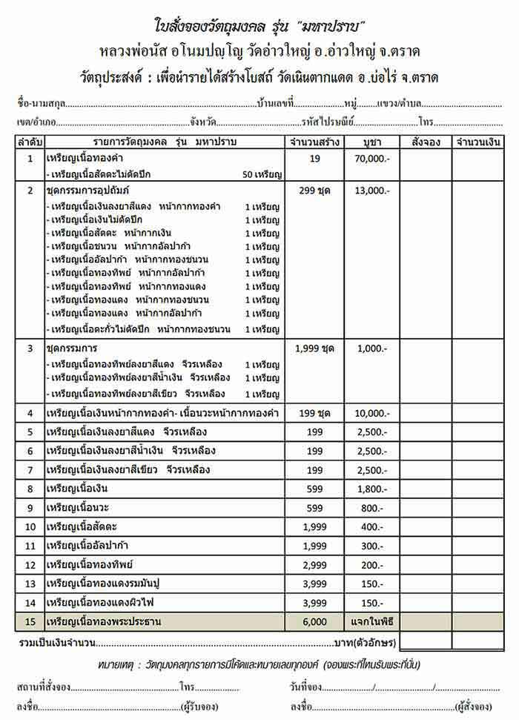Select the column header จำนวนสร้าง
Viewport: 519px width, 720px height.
[x=314, y=142]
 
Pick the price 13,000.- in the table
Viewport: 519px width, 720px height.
[x=373, y=191]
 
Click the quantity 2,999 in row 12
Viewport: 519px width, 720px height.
[x=314, y=565]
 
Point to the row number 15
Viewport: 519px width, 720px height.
[x=30, y=621]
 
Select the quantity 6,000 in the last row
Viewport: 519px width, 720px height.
[x=314, y=621]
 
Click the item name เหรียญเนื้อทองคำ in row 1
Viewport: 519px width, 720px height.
[x=84, y=159]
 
